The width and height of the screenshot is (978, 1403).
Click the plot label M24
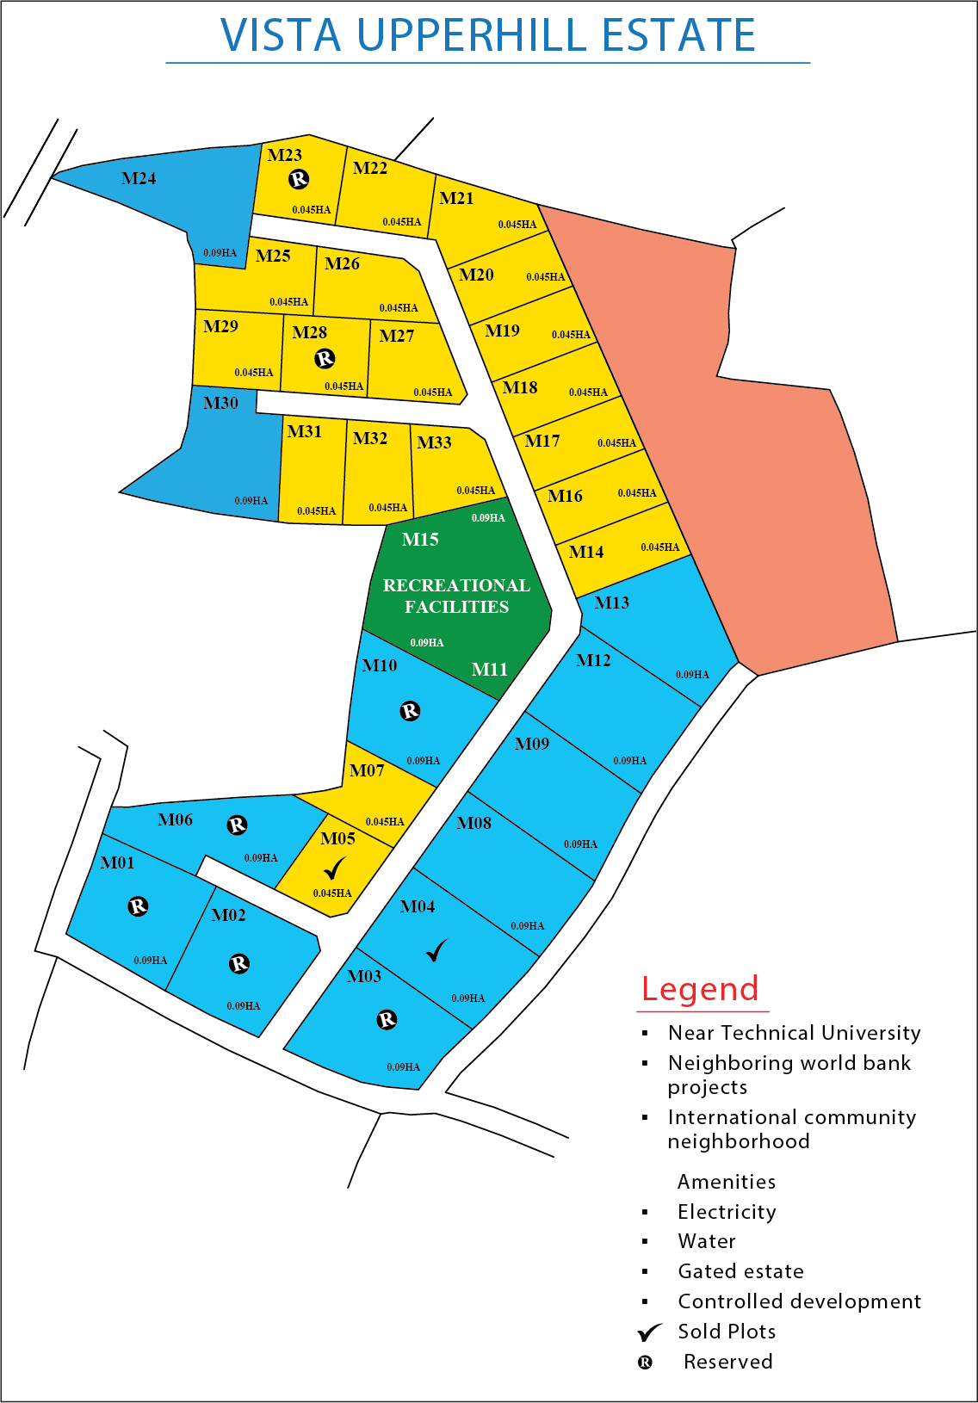click(139, 179)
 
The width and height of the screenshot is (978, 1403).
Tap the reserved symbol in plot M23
click(299, 179)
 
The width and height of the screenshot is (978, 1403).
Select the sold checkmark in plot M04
click(437, 950)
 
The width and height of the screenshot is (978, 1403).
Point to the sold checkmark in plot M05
click(335, 868)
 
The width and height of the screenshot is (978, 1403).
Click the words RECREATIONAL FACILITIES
click(456, 596)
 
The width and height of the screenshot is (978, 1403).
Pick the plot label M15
click(420, 540)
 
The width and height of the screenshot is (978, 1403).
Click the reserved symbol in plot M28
click(325, 358)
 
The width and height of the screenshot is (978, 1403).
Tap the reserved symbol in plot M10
click(410, 711)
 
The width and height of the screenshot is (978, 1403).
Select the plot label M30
click(220, 403)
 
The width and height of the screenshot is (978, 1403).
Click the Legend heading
click(700, 989)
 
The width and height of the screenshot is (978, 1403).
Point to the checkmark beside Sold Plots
click(650, 1332)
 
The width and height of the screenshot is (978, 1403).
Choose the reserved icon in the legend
click(645, 1363)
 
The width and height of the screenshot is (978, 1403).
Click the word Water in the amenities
click(707, 1241)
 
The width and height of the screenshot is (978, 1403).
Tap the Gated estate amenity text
click(740, 1271)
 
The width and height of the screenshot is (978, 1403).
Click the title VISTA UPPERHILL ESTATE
click(488, 36)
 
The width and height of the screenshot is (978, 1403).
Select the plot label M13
click(611, 603)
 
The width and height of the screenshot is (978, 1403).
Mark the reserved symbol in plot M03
click(387, 1020)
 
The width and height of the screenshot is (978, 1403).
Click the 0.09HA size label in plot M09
click(580, 844)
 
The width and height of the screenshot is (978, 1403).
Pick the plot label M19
click(502, 331)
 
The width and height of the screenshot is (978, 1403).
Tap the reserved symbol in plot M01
click(138, 906)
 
